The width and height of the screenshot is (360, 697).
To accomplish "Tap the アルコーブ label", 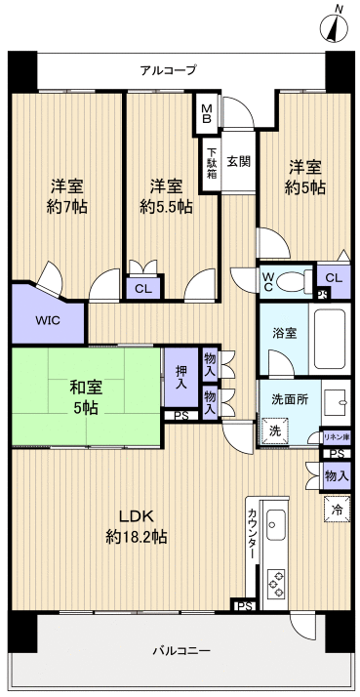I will (x=168, y=70).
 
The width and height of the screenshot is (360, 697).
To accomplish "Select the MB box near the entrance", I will (x=208, y=110).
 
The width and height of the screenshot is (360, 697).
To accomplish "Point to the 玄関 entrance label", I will (x=238, y=160).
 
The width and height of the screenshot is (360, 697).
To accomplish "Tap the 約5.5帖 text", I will (x=165, y=207).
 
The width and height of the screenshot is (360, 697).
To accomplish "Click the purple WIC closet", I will (x=46, y=318).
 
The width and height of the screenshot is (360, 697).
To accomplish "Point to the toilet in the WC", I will (x=292, y=280).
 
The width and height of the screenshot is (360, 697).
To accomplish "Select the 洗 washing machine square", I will (x=272, y=429).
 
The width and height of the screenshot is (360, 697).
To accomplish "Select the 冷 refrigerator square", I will (x=336, y=510).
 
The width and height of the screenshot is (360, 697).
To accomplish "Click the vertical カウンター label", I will (x=253, y=533).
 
